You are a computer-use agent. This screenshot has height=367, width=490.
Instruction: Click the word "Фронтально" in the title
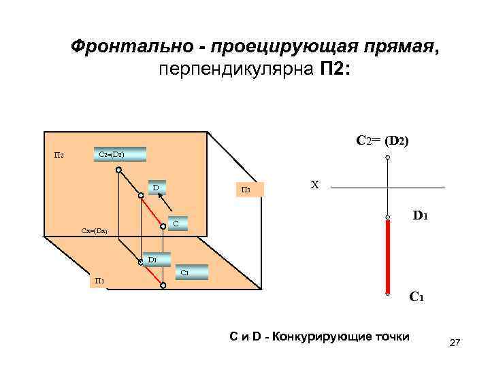tap(129, 46)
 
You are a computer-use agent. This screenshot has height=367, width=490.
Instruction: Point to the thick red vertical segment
tap(387, 256)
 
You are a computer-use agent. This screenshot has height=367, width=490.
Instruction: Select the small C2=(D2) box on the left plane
tap(119, 154)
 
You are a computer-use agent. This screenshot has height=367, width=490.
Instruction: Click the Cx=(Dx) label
tap(91, 232)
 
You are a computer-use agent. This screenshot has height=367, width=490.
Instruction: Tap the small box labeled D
tap(156, 187)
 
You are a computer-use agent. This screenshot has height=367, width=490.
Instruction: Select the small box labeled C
tap(176, 223)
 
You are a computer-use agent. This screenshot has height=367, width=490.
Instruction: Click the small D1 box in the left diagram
tap(152, 259)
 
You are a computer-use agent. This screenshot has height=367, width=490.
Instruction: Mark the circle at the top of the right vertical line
tap(387, 158)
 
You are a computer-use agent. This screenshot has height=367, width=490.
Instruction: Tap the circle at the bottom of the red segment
tap(387, 294)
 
